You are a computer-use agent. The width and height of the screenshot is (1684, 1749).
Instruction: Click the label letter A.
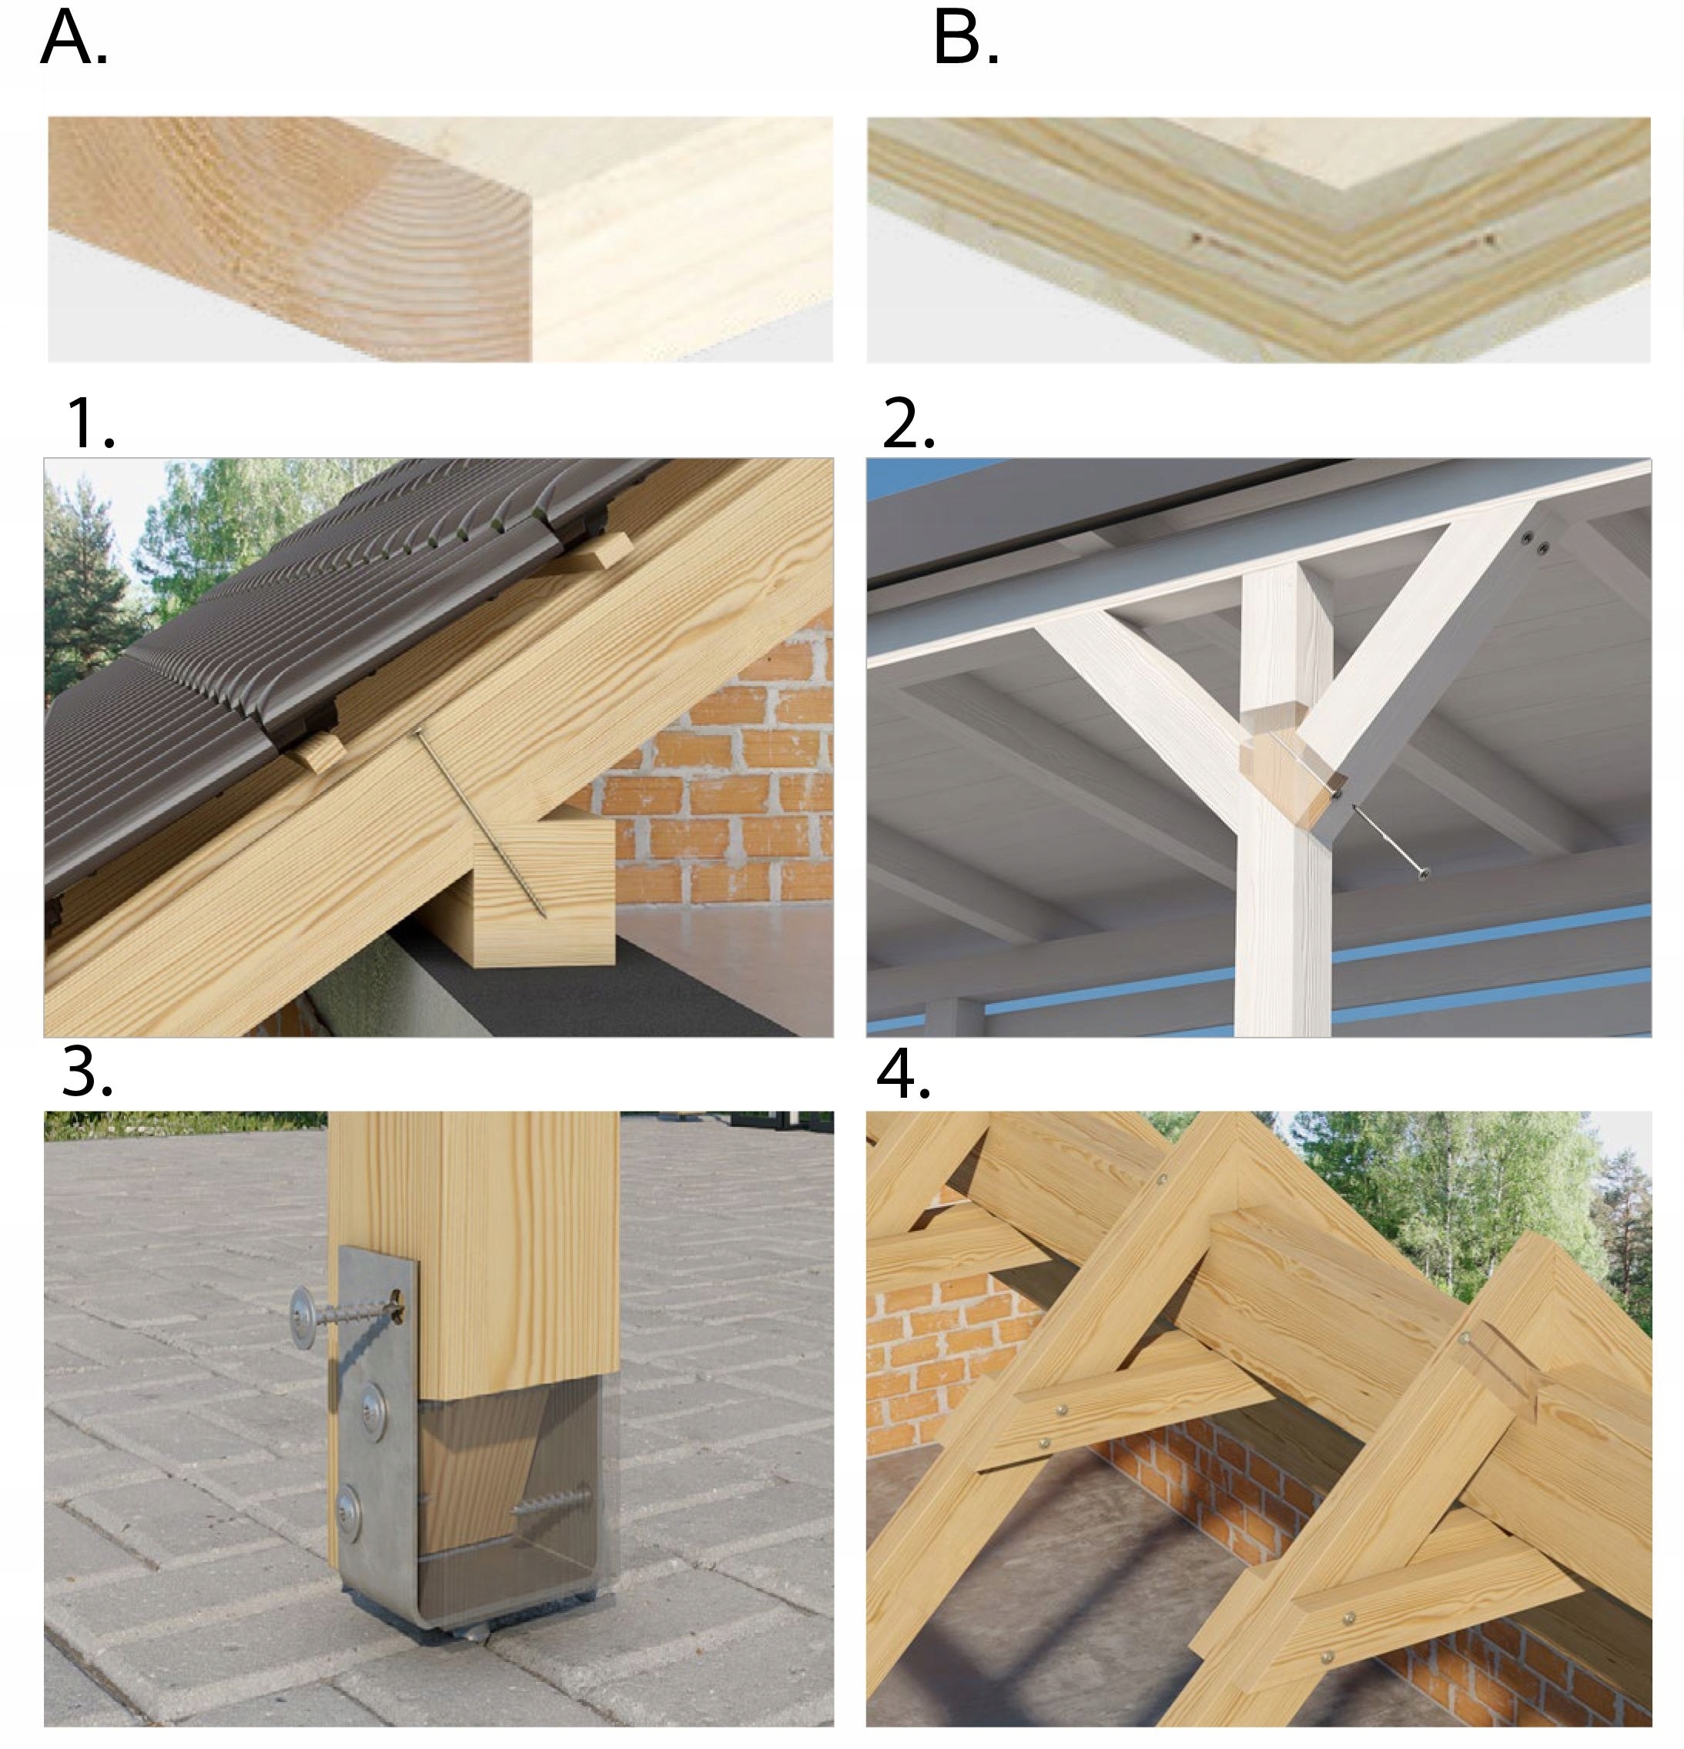(x=73, y=40)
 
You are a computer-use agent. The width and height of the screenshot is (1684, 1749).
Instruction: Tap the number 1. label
(x=89, y=424)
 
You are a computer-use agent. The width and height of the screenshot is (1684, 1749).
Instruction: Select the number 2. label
(x=908, y=424)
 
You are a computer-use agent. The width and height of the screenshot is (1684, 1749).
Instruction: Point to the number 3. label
(x=86, y=1072)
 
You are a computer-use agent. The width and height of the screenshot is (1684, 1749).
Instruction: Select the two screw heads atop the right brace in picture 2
(x=1535, y=543)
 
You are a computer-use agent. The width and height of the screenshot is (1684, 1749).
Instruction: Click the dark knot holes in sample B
(x=1338, y=241)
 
